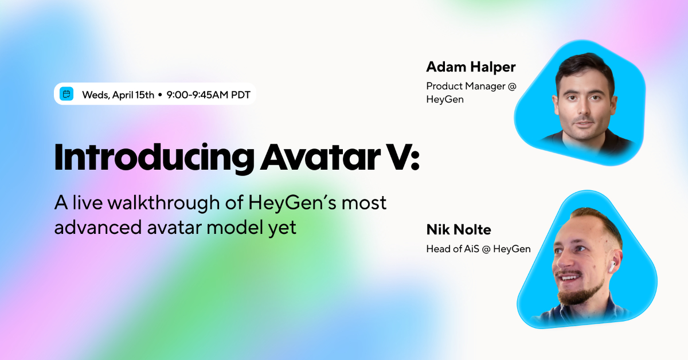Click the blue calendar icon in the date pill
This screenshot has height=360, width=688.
point(67,95)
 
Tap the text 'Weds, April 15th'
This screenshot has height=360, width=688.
point(118,95)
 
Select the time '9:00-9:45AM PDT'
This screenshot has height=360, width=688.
point(208,95)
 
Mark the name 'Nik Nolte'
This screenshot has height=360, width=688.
point(459,230)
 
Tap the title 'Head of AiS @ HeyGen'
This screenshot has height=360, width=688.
point(478,249)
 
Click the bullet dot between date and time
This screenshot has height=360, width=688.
point(160,95)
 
